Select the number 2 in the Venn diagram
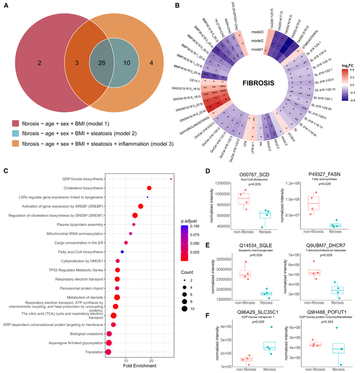40,63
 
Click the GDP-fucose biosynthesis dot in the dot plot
171,179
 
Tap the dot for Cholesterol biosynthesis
149,188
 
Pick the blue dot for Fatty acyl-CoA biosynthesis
122,252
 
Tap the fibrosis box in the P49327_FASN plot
335,225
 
